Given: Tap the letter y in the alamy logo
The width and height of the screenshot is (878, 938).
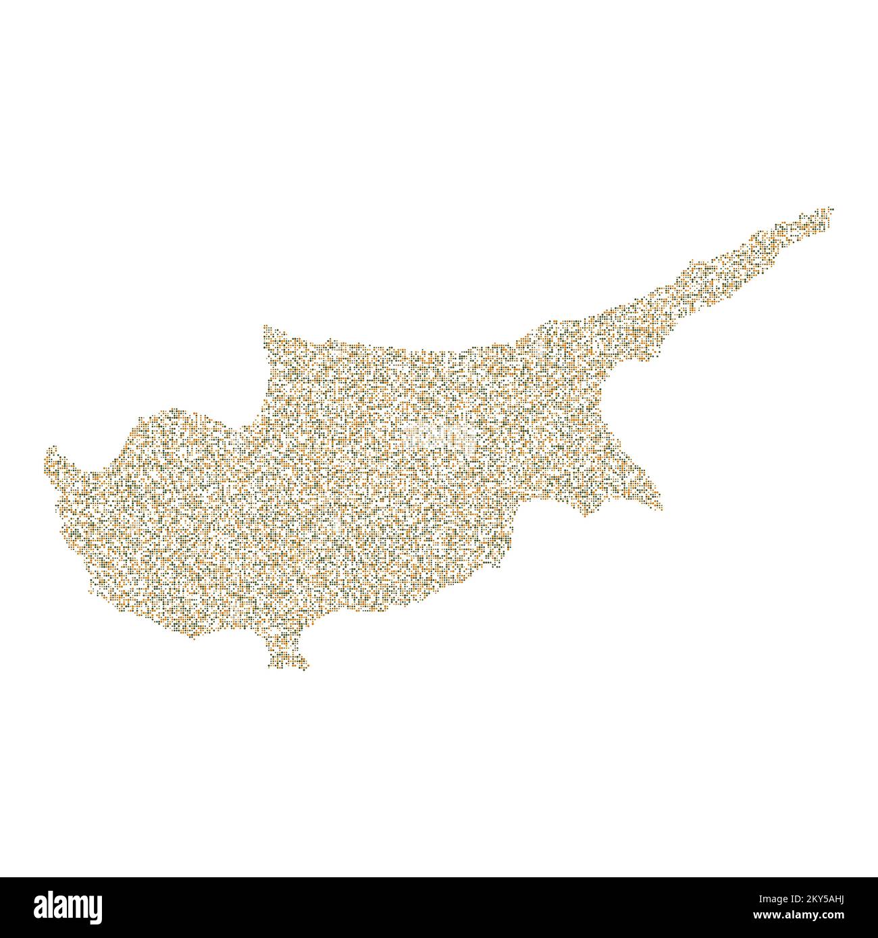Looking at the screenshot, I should (95, 909).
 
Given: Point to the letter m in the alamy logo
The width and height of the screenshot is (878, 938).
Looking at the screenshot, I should (72, 906).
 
